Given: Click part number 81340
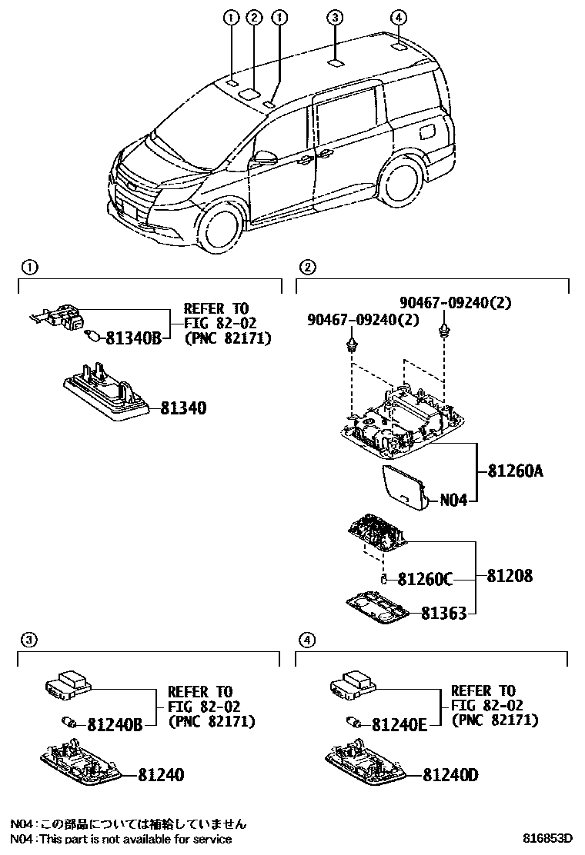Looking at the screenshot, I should click(183, 408).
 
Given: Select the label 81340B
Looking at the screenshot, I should click(132, 337).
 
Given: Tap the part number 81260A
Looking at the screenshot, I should click(514, 471).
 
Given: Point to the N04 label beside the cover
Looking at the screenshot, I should click(453, 501).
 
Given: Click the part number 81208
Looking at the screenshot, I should click(510, 576).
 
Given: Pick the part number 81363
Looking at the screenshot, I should click(443, 613).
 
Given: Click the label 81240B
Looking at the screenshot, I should click(114, 724).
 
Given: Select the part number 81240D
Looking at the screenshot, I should click(450, 774).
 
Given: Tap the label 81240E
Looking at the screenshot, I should click(399, 724).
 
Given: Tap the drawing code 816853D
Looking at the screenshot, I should click(549, 838).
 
